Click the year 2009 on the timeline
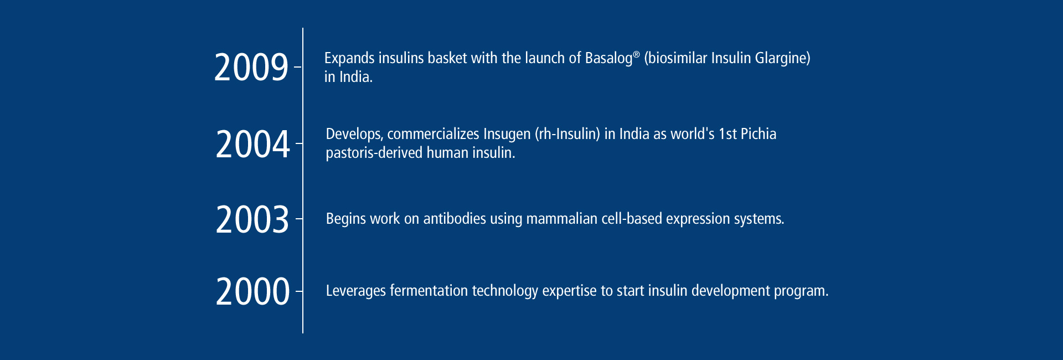point(251,68)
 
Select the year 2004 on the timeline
point(253,144)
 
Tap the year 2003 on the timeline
point(252,219)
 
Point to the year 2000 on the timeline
point(253,291)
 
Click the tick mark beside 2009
point(298,67)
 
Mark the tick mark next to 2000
point(299,291)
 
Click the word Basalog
point(608,59)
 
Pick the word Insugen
point(507,135)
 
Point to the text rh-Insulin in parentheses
point(567,134)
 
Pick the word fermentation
point(429,291)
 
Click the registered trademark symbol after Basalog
point(637,54)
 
